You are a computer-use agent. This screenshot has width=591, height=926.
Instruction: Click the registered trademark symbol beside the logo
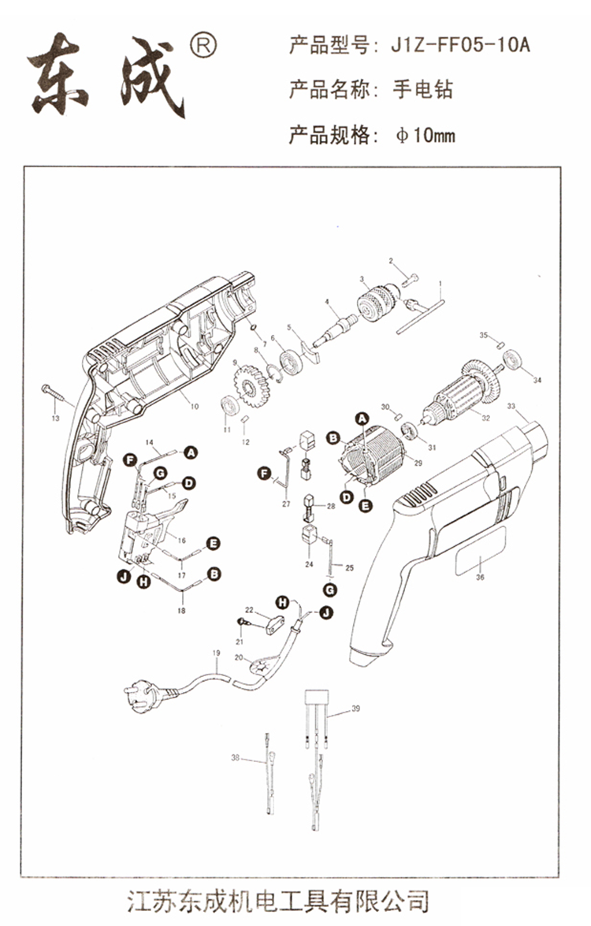point(203,45)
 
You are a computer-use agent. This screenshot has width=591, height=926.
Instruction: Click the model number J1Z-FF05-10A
point(460,46)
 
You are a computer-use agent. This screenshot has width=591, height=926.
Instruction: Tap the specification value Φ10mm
point(425,136)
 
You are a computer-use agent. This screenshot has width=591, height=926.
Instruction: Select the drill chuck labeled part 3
point(376,302)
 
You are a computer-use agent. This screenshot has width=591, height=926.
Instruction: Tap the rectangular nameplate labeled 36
point(481,550)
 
